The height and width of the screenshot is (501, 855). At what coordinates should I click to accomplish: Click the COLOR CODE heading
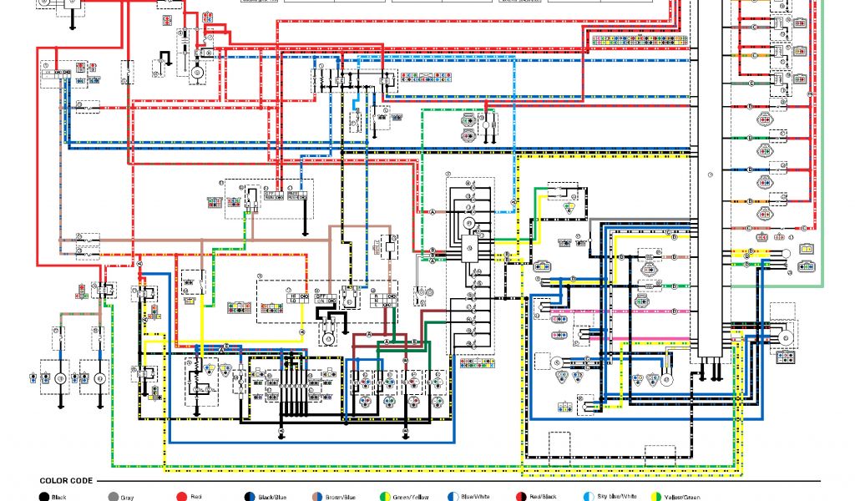click(66, 481)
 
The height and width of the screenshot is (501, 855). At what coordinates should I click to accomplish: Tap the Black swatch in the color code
click(43, 497)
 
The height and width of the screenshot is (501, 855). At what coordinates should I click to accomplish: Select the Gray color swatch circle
click(113, 497)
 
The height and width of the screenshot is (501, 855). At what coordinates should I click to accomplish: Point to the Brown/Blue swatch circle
click(317, 497)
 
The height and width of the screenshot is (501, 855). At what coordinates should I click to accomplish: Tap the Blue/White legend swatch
click(453, 497)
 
